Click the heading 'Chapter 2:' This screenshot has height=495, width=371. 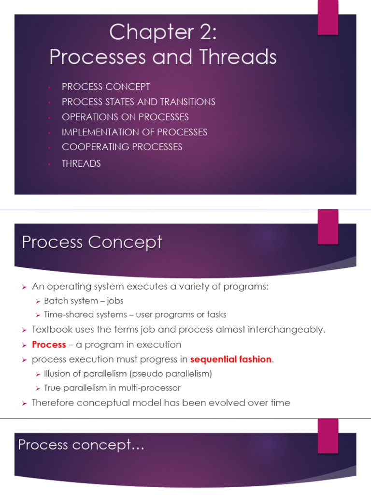163,33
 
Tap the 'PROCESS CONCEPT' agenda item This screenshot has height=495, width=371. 106,87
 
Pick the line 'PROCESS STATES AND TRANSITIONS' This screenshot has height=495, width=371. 138,102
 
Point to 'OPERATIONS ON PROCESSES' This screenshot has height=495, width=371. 125,117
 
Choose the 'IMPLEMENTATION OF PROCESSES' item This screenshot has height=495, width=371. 134,132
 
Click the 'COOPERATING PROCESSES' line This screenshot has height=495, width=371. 122,147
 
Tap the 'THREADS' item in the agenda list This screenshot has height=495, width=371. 81,163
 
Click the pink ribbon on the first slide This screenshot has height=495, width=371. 328,17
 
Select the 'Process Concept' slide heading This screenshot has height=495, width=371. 92,242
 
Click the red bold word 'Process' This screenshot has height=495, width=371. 49,345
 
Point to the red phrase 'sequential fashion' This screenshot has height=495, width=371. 231,360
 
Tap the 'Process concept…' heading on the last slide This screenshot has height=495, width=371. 81,445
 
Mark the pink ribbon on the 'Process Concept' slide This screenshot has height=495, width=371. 328,227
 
